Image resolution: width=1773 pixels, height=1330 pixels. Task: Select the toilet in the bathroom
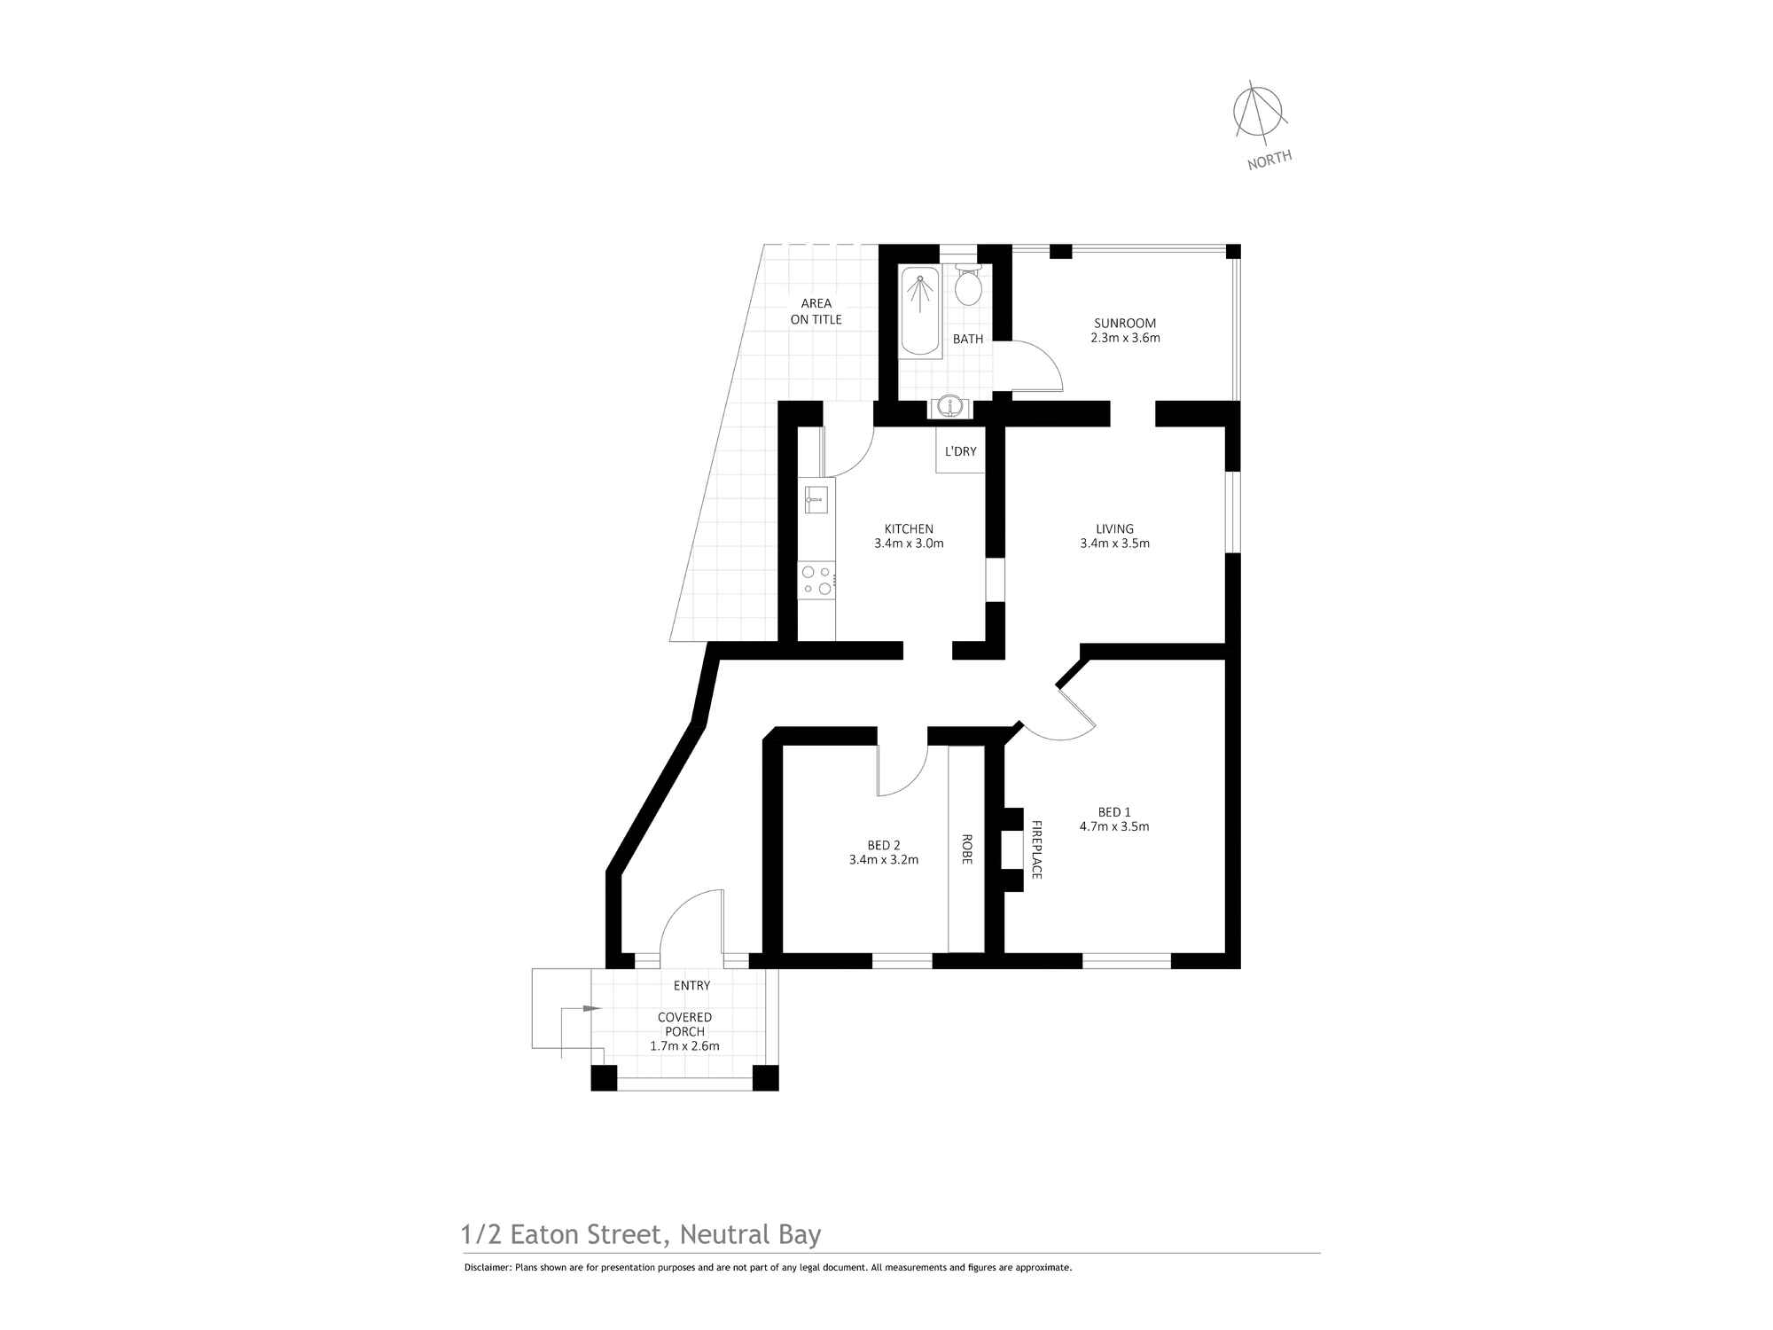pyautogui.click(x=968, y=286)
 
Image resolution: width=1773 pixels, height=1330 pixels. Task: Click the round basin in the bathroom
pyautogui.click(x=950, y=406)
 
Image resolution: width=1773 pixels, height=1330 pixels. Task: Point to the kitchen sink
pyautogui.click(x=816, y=499)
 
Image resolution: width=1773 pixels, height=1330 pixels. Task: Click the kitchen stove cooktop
pyautogui.click(x=816, y=580)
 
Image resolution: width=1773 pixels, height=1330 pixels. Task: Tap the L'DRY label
pyautogui.click(x=960, y=451)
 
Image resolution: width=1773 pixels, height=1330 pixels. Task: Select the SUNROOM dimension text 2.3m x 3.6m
pyautogui.click(x=1125, y=338)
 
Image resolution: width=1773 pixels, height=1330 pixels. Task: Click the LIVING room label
pyautogui.click(x=1114, y=528)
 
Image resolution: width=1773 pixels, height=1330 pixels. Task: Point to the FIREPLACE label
pyautogui.click(x=1035, y=849)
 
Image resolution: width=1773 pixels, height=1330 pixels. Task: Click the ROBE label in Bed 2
pyautogui.click(x=966, y=849)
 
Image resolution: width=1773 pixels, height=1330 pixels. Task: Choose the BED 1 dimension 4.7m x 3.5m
pyautogui.click(x=1114, y=826)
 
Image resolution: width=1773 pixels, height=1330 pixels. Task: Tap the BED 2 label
pyautogui.click(x=884, y=845)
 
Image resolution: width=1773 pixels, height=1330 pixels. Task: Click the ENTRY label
pyautogui.click(x=691, y=985)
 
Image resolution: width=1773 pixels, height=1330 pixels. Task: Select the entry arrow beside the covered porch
pyautogui.click(x=590, y=1008)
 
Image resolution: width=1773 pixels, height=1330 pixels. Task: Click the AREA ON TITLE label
pyautogui.click(x=816, y=311)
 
